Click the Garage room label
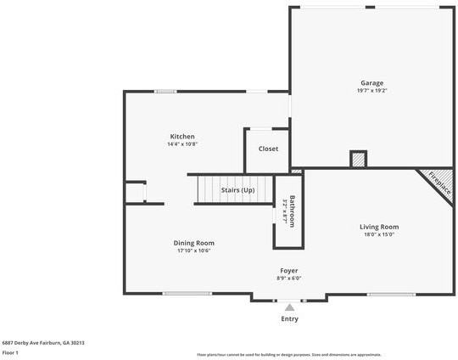(371, 82)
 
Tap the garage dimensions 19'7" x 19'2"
(371, 91)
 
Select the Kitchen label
(182, 136)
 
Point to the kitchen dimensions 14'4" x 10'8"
(182, 144)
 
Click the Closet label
(268, 149)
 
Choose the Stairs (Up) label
(237, 190)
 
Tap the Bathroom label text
(292, 211)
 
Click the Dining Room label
(193, 242)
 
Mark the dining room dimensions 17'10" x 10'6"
(193, 250)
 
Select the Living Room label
(379, 227)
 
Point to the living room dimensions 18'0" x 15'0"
(379, 235)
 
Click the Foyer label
(289, 270)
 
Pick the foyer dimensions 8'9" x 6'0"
(289, 278)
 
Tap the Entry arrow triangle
(289, 307)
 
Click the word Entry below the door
(289, 319)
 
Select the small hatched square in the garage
(358, 160)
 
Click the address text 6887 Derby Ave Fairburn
(42, 343)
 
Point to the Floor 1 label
(10, 352)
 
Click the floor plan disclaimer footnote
(289, 355)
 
